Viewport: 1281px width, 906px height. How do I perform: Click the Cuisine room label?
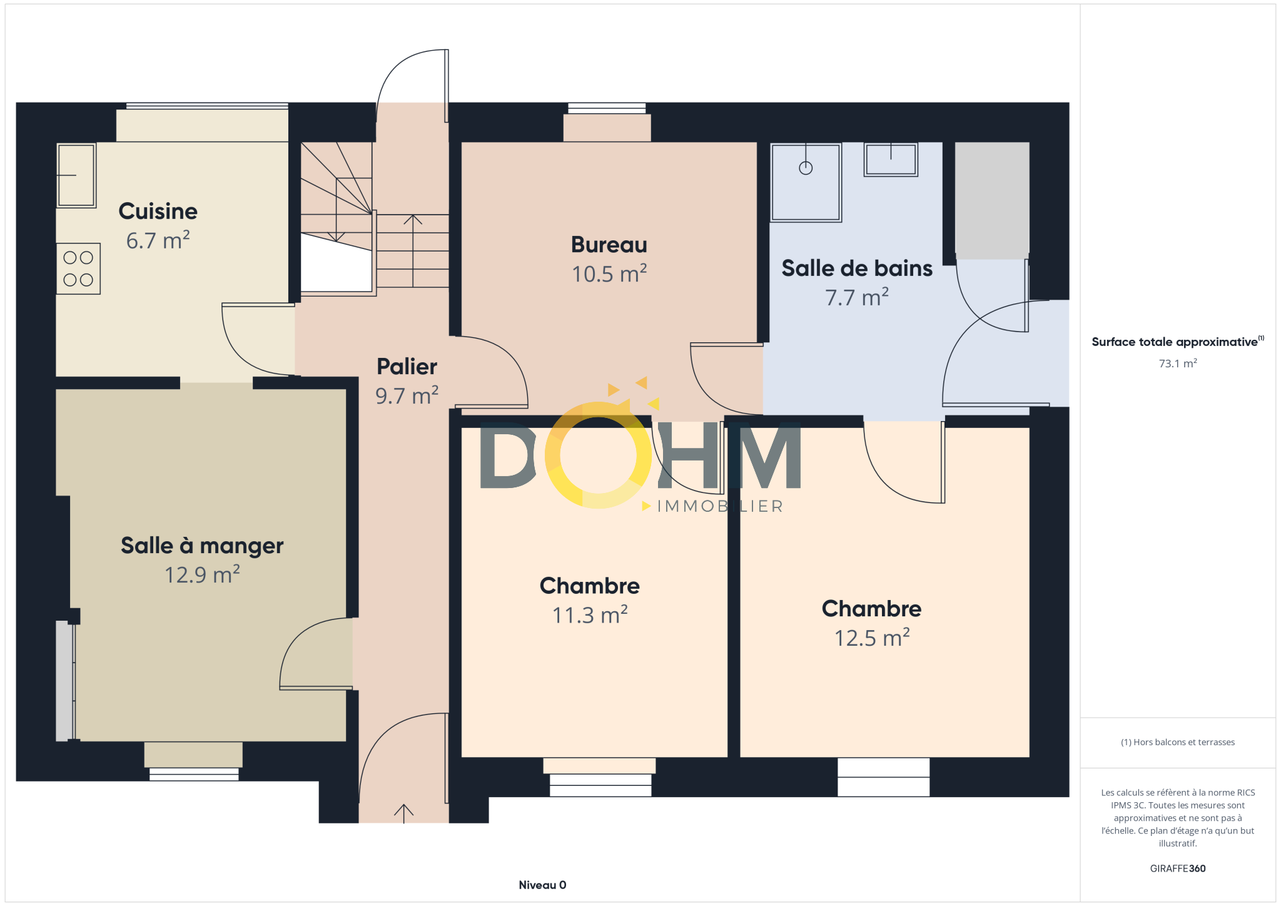coord(158,211)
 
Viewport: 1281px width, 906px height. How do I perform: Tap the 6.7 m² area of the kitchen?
coord(158,240)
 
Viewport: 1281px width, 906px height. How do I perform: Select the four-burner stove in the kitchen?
coord(78,268)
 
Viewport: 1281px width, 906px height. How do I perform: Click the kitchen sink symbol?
coord(76,175)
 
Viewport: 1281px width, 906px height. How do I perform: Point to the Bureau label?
coord(609,245)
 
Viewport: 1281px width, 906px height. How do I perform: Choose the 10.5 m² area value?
coord(609,273)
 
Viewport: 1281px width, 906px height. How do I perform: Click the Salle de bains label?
coord(857,268)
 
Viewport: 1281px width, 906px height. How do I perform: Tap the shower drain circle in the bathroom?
coord(806,168)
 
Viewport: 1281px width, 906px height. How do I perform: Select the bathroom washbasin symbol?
coord(891,160)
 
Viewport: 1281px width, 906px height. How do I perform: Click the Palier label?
coord(407,367)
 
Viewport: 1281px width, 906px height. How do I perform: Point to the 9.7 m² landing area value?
coord(407,395)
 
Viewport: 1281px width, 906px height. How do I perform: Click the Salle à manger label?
coord(202,546)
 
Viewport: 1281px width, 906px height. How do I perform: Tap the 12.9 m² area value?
coord(202,574)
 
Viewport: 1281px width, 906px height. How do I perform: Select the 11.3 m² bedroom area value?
coord(590,614)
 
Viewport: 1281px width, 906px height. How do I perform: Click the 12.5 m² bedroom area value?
coord(872,638)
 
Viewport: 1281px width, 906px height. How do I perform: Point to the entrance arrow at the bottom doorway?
coord(404,813)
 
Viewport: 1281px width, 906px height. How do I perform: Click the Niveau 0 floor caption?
coord(542,885)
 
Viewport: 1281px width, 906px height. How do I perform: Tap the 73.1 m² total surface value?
coord(1178,363)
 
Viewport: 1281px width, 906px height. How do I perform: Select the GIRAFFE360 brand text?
coord(1178,868)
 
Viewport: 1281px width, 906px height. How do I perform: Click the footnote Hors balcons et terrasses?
coord(1178,742)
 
